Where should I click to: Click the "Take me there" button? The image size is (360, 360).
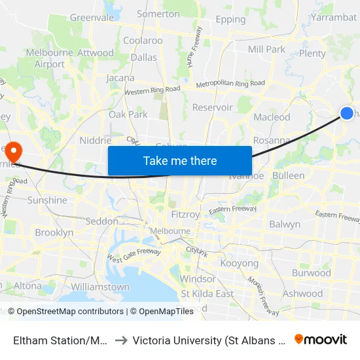coord(180,160)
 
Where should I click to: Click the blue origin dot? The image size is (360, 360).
coord(348,114)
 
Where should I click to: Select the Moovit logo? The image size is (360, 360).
coord(321,339)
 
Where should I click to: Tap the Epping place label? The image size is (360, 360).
coord(230,20)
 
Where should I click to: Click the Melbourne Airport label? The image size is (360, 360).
coord(46,58)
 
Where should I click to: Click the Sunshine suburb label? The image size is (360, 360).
coord(47,200)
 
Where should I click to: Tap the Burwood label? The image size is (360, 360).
coord(312,273)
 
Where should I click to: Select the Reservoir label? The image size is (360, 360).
coord(212,107)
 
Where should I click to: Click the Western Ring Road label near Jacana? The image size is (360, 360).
coord(152,90)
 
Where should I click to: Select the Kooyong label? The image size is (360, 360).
coord(240,263)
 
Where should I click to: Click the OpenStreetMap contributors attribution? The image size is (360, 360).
coord(70,312)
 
